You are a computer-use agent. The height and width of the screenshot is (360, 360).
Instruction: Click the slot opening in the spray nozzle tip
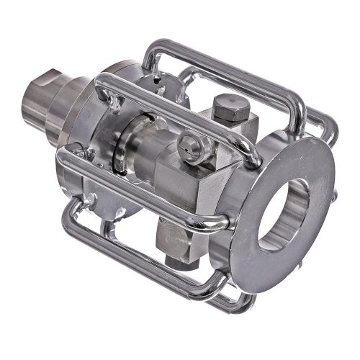[189, 142]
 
